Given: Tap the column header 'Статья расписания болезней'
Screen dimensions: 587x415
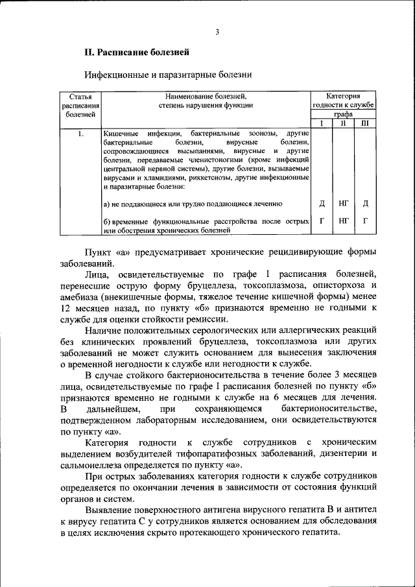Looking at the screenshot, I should pyautogui.click(x=80, y=104).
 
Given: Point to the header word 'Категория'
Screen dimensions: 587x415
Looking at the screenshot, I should pyautogui.click(x=343, y=95).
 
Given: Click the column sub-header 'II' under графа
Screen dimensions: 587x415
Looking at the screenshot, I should pyautogui.click(x=343, y=123).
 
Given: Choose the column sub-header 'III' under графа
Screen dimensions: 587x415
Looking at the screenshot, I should pyautogui.click(x=365, y=123).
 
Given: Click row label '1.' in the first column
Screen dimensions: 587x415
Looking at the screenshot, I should pyautogui.click(x=80, y=133).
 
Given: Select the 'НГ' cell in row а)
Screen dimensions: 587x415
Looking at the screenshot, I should pyautogui.click(x=344, y=204).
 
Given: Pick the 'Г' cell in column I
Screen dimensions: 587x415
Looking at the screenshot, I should pyautogui.click(x=322, y=221).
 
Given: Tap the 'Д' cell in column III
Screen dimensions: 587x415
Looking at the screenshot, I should pyautogui.click(x=366, y=204).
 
